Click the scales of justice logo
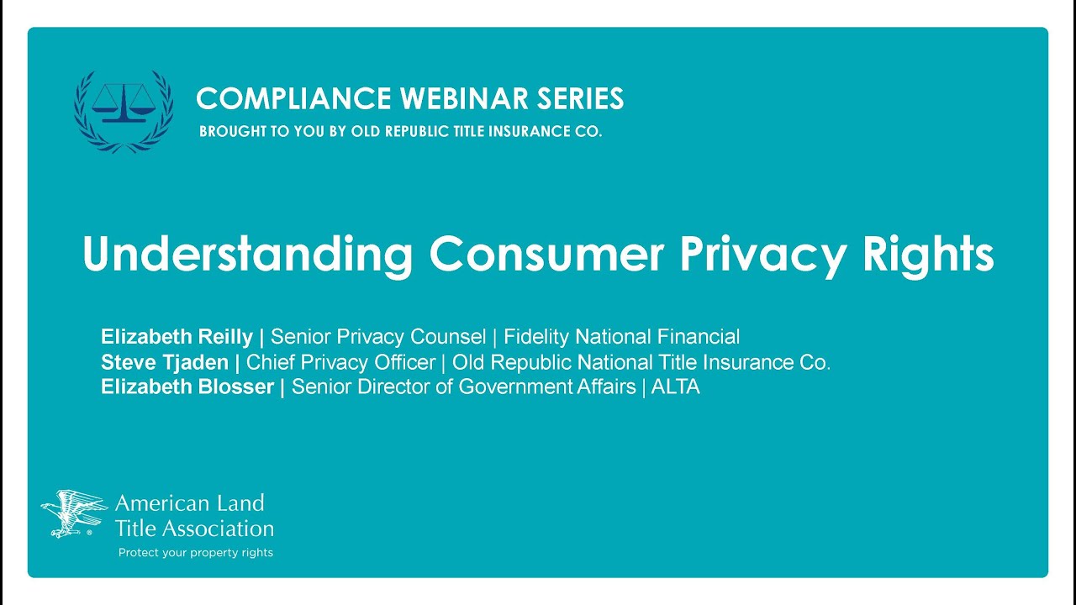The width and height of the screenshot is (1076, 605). point(124,110)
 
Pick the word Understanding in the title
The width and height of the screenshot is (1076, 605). point(248,253)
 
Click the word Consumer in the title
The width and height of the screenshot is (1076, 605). point(547,253)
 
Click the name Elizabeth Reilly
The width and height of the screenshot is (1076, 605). point(177,338)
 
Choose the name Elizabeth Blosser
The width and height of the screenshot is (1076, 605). point(187,387)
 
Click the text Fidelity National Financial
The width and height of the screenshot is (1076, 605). point(622,338)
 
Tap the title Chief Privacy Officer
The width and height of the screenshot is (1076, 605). point(340,363)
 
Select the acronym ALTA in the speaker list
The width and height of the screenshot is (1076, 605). point(675,387)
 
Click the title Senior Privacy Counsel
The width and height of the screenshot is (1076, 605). point(378,338)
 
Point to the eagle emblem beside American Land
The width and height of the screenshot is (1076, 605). point(74,513)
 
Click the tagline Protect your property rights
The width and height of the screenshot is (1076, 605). point(195,553)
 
